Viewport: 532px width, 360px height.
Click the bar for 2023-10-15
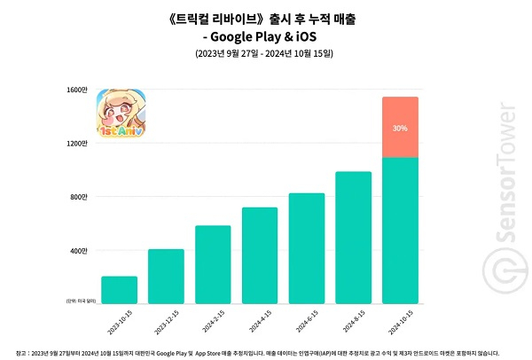click(119, 290)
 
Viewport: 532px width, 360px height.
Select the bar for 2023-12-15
click(166, 277)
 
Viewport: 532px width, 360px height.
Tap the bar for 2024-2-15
click(213, 265)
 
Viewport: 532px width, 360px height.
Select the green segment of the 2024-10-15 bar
click(400, 231)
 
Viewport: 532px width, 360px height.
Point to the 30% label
click(400, 128)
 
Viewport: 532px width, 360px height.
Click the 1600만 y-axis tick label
click(77, 90)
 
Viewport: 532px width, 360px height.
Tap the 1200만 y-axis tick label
click(77, 144)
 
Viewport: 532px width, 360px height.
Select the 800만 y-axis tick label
click(79, 197)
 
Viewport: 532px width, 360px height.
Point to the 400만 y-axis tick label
click(79, 251)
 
